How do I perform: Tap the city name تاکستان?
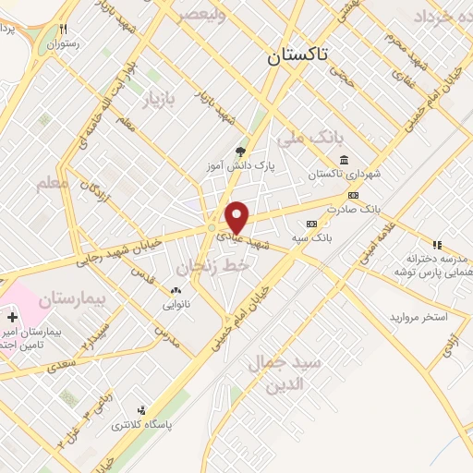point(297,55)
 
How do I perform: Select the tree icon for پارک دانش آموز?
point(241,152)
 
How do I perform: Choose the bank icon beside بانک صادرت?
point(353,195)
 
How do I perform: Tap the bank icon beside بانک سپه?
point(310,223)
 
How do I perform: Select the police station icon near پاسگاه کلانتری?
point(140,410)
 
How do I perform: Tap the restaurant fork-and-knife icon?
point(63,29)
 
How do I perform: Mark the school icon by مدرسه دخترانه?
point(437,245)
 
